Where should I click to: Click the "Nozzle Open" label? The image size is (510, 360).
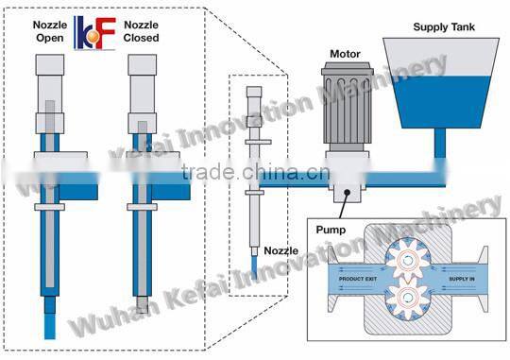[x=49, y=31]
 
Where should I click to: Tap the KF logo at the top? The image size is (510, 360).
[x=94, y=30]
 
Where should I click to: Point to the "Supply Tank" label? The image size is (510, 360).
[x=444, y=26]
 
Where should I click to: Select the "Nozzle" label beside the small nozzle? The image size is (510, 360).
[x=280, y=251]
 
